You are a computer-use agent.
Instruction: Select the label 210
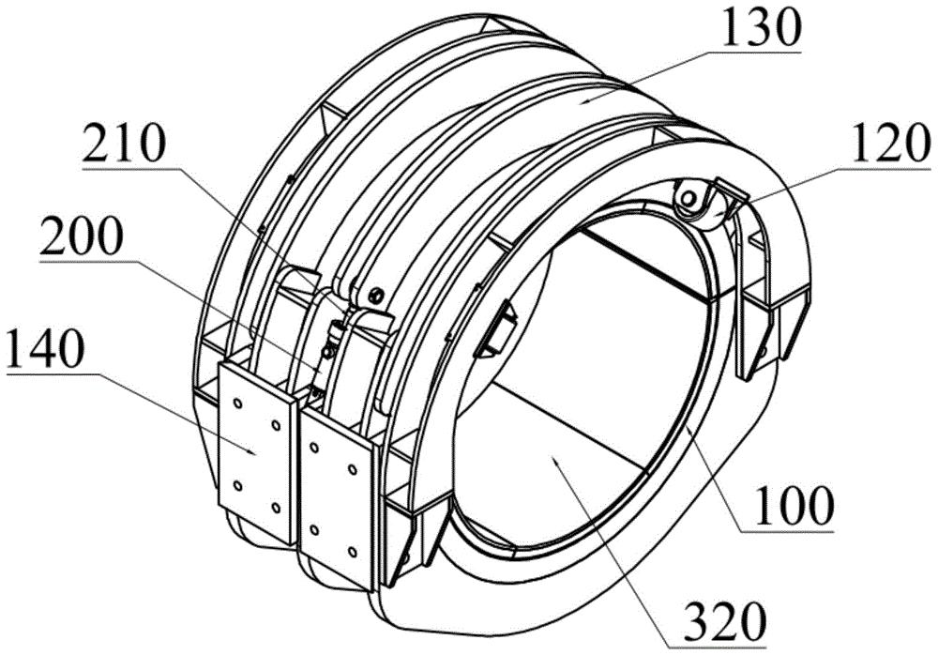coord(123,146)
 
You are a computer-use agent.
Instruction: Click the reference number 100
coord(794,507)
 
